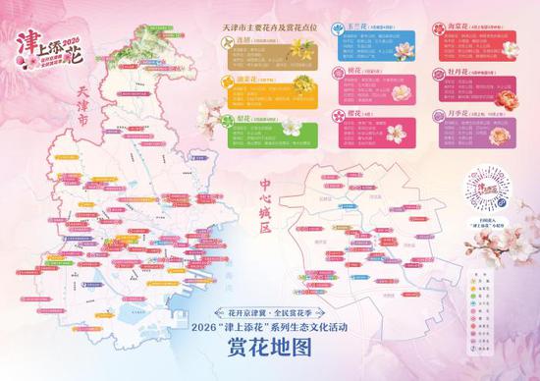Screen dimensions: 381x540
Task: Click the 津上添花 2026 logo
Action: point(46,41)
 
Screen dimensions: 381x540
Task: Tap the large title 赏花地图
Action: point(269,349)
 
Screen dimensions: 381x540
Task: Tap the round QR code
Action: point(488,190)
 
